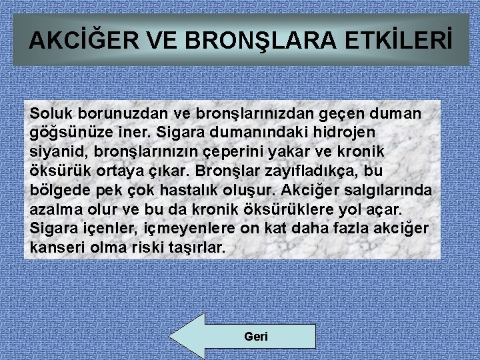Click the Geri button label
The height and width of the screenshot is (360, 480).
tap(256, 337)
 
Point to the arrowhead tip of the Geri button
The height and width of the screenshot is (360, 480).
tap(171, 337)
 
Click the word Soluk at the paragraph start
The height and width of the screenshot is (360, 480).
tap(50, 114)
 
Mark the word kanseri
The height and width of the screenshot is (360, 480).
tap(55, 247)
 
